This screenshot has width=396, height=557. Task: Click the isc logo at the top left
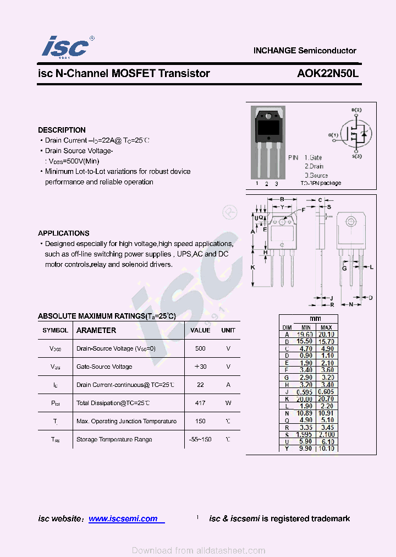(x=65, y=46)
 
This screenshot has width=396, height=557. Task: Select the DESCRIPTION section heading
(x=62, y=130)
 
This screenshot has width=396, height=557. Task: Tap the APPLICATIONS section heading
(x=63, y=233)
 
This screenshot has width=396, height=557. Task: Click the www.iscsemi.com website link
(x=123, y=518)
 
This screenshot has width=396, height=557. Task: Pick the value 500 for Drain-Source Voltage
(x=200, y=348)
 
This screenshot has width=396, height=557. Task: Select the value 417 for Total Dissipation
(x=200, y=403)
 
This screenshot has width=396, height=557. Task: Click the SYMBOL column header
(x=55, y=330)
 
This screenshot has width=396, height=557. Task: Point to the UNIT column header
(x=228, y=330)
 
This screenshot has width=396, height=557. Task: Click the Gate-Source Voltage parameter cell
(x=105, y=367)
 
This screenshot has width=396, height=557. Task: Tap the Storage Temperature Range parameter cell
(x=114, y=439)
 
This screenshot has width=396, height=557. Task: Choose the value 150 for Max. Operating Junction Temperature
(x=200, y=421)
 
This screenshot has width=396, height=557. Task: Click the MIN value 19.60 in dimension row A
(x=305, y=334)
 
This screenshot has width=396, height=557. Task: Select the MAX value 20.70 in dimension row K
(x=326, y=398)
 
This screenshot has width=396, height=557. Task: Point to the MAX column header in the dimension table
(x=326, y=327)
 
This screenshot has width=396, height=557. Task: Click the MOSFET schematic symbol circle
(x=355, y=135)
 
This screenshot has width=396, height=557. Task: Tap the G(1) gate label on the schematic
(x=333, y=135)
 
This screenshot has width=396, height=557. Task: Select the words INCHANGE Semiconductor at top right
(x=305, y=51)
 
